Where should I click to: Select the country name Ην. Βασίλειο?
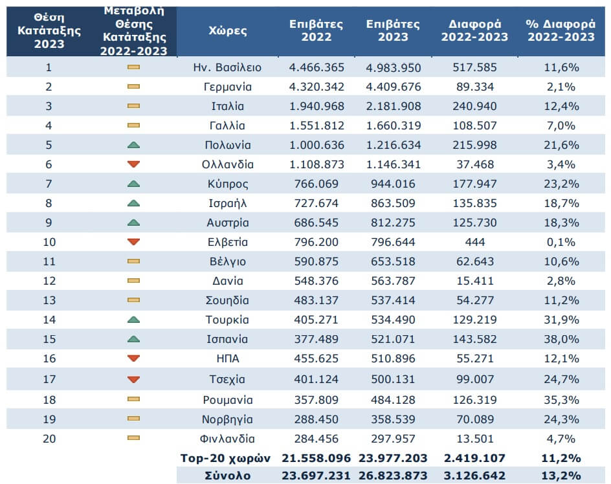pos(227,67)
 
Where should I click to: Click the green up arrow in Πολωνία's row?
pos(134,145)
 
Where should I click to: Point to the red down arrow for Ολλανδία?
pos(134,164)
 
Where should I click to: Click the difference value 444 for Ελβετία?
pos(471,242)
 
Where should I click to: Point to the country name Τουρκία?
pos(227,320)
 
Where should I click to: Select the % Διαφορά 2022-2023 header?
pos(561,30)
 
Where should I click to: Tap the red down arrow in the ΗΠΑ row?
pos(134,358)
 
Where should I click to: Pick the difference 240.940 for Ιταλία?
pos(471,106)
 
